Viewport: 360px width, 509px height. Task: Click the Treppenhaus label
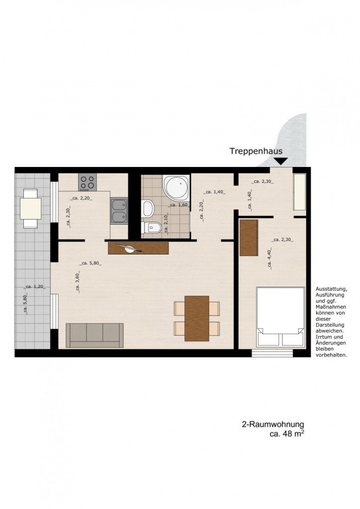point(256,151)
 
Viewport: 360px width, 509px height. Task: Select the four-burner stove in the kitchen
point(88,182)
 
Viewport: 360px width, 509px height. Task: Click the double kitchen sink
point(119,211)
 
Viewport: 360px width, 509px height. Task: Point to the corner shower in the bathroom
point(176,188)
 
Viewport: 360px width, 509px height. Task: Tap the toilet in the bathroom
point(151,228)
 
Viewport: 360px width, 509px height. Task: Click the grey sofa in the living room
point(94,336)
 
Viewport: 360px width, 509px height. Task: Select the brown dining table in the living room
point(197,319)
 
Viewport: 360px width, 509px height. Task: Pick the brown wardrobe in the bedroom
point(249,238)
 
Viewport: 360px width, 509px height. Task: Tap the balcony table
point(30,208)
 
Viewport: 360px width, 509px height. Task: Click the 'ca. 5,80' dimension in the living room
point(90,263)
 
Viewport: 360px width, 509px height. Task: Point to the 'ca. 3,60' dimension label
point(77,282)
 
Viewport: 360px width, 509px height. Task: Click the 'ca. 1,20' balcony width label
point(34,287)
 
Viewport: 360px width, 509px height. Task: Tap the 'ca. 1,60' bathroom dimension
point(179,205)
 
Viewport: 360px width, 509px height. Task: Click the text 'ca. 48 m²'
point(287,433)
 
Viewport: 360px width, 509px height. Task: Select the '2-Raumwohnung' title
point(273,424)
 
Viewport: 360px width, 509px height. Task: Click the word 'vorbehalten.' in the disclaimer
point(332,355)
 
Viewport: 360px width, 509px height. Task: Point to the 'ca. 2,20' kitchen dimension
point(81,198)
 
